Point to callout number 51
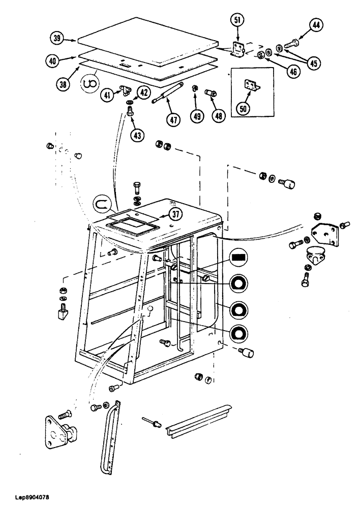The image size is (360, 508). point(237,21)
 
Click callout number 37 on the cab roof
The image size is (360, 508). point(175,214)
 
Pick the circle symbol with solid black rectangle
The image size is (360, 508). point(238,258)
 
